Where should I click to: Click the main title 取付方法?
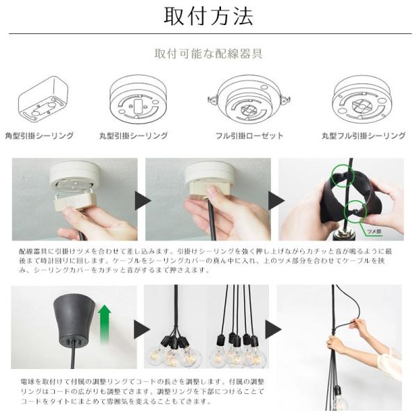[208, 17]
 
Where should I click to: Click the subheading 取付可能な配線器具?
[208, 54]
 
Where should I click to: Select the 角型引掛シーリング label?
[40, 136]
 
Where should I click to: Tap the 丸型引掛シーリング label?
[133, 136]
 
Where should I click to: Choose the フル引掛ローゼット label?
[250, 136]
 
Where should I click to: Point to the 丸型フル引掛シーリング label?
[363, 136]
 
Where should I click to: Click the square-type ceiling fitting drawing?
[43, 99]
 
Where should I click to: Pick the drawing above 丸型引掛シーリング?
[138, 99]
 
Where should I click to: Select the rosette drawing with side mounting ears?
[249, 99]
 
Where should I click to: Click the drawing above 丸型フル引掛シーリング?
[362, 99]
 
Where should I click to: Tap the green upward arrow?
[104, 325]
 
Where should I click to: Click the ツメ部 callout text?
[374, 231]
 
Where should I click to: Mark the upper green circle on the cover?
[343, 176]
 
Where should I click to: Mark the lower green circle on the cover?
[355, 211]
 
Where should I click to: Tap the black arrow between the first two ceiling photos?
[142, 201]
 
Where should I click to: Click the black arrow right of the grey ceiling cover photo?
[142, 329]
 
